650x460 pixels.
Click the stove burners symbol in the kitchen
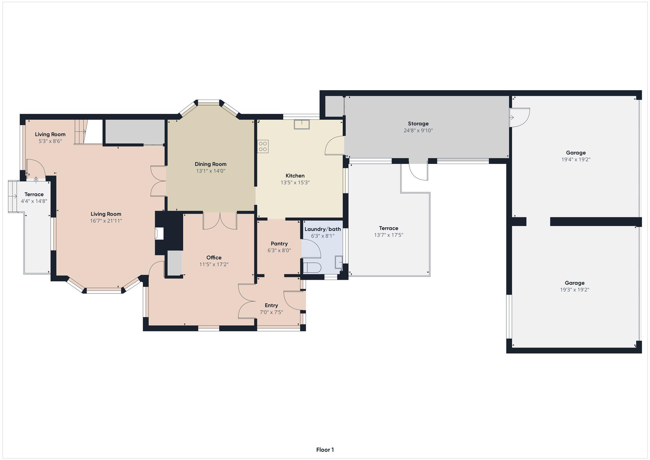(263, 146)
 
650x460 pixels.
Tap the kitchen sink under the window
(302, 125)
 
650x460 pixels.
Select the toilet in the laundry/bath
(312, 267)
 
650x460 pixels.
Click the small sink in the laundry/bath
(339, 262)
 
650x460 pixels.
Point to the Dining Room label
(211, 164)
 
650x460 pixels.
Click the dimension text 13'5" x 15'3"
(295, 183)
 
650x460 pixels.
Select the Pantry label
(279, 244)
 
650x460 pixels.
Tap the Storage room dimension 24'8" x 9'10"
(418, 130)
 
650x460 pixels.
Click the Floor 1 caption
(325, 450)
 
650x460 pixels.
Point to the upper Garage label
(576, 153)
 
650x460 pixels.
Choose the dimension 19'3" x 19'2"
(575, 290)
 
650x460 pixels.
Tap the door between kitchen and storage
(335, 145)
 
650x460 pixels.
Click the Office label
(214, 258)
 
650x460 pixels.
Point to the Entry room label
(271, 305)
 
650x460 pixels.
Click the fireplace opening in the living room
(159, 234)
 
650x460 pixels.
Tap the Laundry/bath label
(323, 229)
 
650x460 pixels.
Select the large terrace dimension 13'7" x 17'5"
(389, 235)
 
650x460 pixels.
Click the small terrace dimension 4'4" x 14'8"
(34, 201)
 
